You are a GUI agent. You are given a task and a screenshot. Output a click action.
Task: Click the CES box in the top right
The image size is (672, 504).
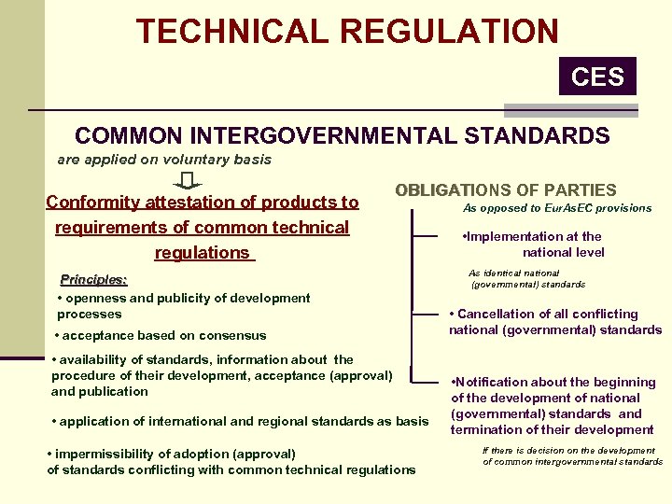tap(597, 76)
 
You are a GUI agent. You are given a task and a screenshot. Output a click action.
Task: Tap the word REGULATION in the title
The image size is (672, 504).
tap(450, 31)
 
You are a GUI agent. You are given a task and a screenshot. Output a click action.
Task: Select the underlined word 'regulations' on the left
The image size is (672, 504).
tap(203, 253)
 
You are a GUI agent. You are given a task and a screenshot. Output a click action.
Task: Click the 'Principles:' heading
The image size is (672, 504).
tap(93, 279)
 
